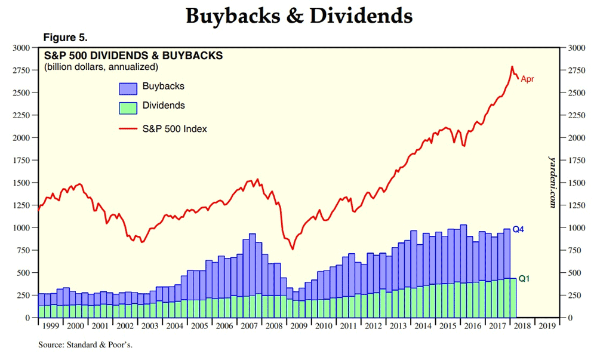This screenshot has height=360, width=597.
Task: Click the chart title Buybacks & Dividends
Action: [299, 16]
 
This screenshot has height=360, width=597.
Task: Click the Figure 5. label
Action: [66, 38]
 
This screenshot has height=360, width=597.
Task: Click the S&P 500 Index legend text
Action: [174, 128]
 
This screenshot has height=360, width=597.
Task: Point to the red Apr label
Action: [527, 79]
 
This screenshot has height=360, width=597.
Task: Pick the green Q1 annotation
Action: [524, 279]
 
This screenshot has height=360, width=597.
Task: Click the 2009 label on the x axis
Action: [298, 326]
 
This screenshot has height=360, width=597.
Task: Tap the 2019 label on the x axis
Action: [547, 326]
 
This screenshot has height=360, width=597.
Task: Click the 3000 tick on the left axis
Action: [23, 48]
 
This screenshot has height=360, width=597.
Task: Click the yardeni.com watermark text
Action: [553, 181]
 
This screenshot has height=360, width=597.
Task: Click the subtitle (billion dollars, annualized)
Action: [101, 67]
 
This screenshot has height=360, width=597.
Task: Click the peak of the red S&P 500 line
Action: [512, 66]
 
